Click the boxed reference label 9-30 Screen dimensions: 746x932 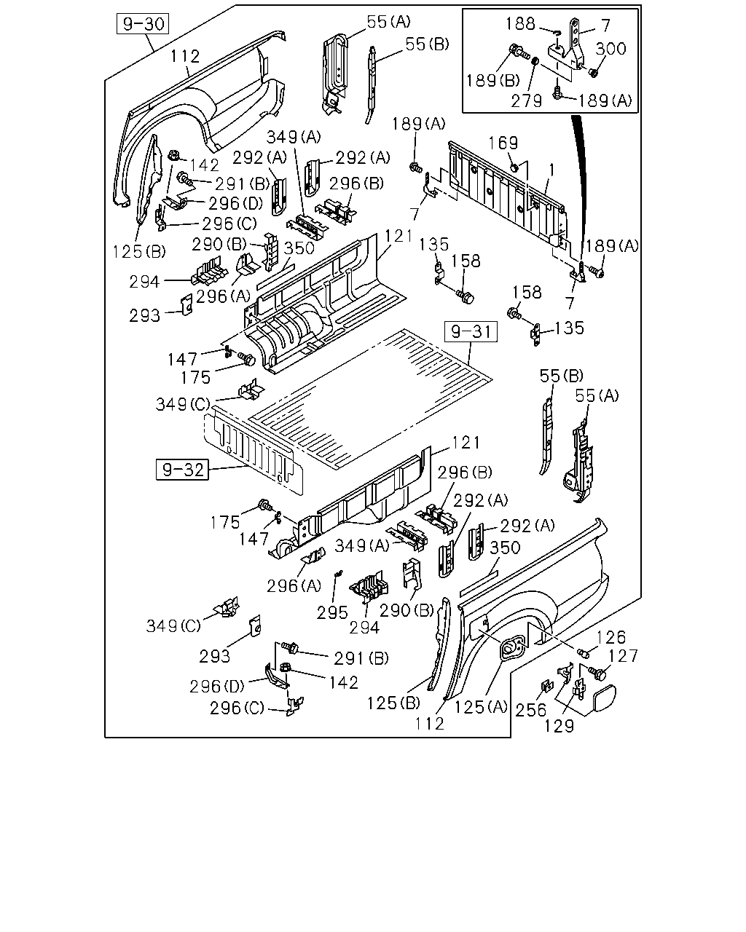tap(143, 24)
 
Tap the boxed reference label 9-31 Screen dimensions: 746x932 tap(471, 332)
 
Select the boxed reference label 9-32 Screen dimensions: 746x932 tap(182, 470)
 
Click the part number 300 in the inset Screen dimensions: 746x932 tap(610, 49)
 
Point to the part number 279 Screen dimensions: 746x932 tap(526, 101)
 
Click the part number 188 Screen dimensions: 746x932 tap(520, 24)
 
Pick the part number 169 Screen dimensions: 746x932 tap(503, 143)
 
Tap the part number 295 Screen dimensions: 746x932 tap(332, 612)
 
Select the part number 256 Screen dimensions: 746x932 tap(530, 710)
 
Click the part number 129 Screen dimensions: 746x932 tap(559, 726)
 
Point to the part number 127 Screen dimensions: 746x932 tap(624, 656)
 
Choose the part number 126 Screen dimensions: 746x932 tap(611, 637)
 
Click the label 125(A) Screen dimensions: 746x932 tap(481, 707)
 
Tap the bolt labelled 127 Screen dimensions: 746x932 tap(598, 673)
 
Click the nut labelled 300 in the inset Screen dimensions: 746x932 tap(593, 72)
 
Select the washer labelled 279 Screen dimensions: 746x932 tap(535, 61)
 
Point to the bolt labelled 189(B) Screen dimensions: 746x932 tap(519, 51)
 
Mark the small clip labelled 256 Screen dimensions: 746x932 tap(547, 686)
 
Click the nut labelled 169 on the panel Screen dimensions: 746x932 tap(514, 167)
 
